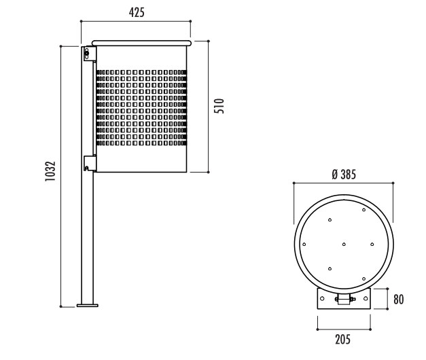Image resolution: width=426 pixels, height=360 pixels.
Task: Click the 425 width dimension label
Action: (137, 12)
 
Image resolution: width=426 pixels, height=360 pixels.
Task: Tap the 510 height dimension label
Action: (219, 106)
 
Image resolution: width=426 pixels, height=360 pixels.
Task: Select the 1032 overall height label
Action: (50, 171)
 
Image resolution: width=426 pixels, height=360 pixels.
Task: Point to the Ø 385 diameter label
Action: (344, 175)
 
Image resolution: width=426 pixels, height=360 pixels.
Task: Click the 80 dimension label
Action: (399, 299)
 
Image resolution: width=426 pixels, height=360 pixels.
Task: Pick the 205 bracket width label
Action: (342, 340)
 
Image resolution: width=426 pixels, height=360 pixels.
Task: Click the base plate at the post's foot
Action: (87, 306)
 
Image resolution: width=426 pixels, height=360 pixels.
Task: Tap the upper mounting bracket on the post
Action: (90, 54)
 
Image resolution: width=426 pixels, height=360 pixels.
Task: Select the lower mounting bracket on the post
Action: (90, 163)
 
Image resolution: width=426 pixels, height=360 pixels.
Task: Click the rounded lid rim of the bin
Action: (141, 43)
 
